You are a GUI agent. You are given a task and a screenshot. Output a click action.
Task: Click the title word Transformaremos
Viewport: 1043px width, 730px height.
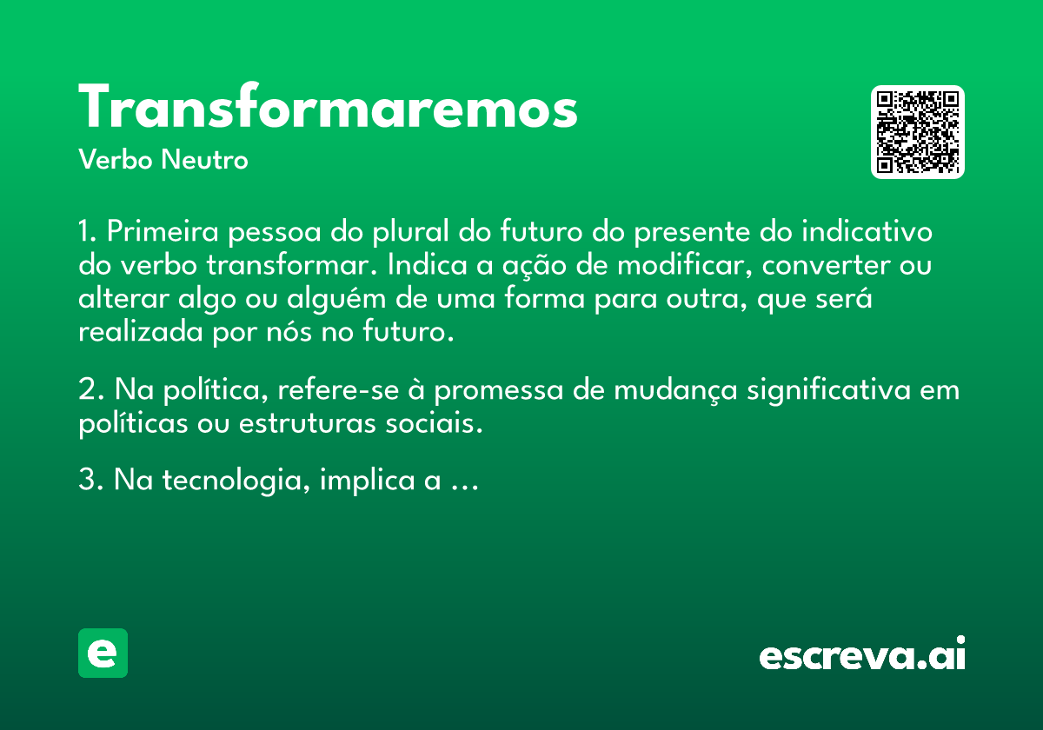pyautogui.click(x=328, y=106)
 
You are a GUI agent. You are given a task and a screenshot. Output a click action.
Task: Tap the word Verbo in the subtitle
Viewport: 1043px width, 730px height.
pyautogui.click(x=116, y=159)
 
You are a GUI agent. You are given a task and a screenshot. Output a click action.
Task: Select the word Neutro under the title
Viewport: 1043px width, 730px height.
pyautogui.click(x=204, y=159)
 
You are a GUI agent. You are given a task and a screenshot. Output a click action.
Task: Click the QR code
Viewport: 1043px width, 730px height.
pyautogui.click(x=917, y=132)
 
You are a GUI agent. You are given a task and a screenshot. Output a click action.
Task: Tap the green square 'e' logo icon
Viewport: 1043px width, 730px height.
pyautogui.click(x=103, y=653)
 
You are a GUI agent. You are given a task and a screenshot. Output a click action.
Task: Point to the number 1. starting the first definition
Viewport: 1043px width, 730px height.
pyautogui.click(x=87, y=231)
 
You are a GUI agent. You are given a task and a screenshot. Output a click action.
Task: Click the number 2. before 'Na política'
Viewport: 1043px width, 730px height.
pyautogui.click(x=90, y=389)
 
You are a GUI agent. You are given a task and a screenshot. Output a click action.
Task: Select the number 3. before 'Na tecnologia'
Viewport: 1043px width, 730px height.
pyautogui.click(x=90, y=480)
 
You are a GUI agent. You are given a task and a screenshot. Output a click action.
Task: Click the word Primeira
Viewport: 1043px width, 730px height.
pyautogui.click(x=163, y=231)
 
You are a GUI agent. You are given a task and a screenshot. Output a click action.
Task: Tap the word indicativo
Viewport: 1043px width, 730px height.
pyautogui.click(x=867, y=231)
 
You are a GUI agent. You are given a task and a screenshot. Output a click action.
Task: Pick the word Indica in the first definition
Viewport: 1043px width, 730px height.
pyautogui.click(x=427, y=265)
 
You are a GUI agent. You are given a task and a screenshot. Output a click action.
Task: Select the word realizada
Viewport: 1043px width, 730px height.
pyautogui.click(x=141, y=332)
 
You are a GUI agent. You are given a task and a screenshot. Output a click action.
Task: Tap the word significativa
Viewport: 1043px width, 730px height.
pyautogui.click(x=829, y=390)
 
